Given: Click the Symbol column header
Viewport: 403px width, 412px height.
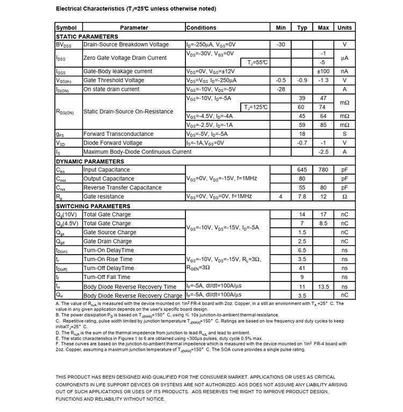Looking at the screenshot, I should [67, 27].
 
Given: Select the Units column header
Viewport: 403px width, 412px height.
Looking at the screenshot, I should [344, 27].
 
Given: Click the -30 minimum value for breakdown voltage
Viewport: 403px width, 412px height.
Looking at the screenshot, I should [280, 45].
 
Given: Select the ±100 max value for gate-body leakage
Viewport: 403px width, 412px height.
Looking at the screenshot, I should [323, 71].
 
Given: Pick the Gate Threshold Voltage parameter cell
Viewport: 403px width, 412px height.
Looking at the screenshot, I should [113, 80].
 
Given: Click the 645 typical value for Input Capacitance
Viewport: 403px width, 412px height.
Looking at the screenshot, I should [302, 170].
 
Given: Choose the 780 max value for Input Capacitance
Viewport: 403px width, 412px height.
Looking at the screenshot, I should [323, 170].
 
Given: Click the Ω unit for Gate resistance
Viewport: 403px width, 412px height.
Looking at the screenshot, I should [344, 197].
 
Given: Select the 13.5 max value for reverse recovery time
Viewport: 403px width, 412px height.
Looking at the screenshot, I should [323, 287].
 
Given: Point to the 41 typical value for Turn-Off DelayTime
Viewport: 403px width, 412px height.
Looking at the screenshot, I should [302, 268].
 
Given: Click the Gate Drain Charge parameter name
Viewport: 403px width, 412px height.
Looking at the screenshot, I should [110, 241].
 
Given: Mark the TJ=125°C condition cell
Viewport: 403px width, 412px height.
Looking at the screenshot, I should [256, 107].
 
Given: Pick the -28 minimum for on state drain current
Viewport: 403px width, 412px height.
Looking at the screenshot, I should [280, 89].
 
